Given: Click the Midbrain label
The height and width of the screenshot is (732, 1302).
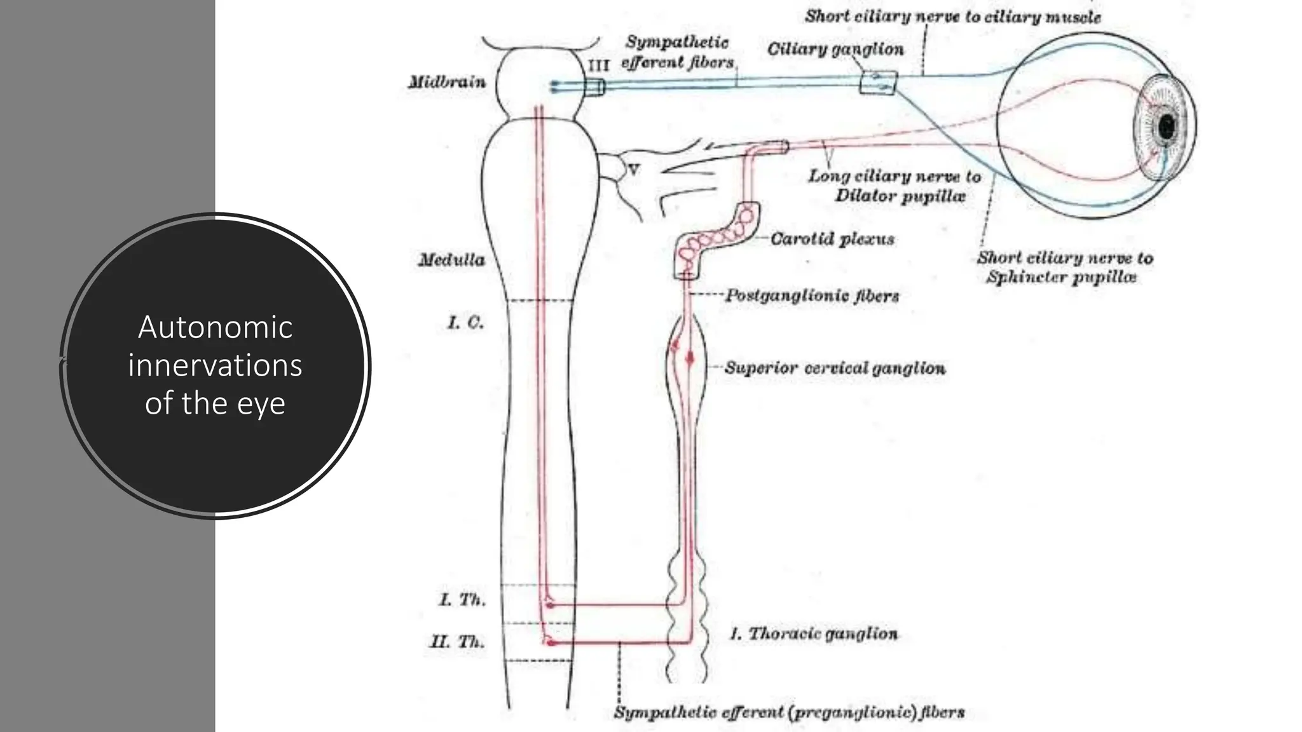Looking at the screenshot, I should pos(447,82).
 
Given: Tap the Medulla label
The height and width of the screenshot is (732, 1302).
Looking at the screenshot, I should pos(451,260).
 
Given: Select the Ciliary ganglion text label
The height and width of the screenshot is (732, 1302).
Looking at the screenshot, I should pos(835,50).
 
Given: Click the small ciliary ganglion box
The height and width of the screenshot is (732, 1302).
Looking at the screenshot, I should pos(878,83).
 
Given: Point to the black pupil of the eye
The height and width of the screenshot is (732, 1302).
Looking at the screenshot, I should pos(1167,127).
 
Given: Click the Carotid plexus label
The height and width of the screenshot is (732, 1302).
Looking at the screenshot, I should pos(832,240).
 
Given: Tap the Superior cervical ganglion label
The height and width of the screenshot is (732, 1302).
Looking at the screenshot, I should pos(835,369).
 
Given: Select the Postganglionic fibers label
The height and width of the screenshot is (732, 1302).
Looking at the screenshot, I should pos(812,296).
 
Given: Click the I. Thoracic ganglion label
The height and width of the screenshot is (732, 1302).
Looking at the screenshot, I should pos(814,634).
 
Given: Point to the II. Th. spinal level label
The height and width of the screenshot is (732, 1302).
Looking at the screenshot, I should pos(458,642).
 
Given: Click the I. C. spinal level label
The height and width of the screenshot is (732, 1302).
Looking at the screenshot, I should pos(465,323).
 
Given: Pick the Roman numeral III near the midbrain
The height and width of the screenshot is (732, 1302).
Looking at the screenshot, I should pos(598,65).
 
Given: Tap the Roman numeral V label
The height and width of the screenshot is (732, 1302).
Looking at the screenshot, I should pos(634,170).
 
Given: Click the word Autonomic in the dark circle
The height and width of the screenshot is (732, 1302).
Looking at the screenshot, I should pos(216,327).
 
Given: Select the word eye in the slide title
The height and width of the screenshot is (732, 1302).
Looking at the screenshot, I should pos(261,403).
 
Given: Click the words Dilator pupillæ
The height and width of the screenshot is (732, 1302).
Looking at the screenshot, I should pos(900,196).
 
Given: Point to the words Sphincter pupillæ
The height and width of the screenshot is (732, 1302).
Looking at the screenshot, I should pos(1061,277).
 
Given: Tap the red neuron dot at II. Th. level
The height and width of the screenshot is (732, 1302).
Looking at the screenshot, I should pos(551,643).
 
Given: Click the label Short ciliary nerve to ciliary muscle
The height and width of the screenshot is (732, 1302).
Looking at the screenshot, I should pos(952,17).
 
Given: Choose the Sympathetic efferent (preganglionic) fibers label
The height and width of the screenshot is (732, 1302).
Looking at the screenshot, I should pos(789,712).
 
